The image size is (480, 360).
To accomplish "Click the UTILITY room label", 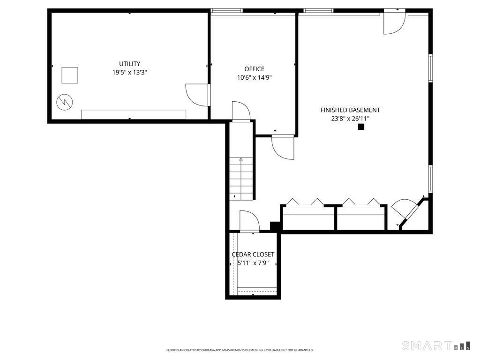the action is tap(129, 64).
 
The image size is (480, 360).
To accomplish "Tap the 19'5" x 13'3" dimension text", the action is tap(129, 73).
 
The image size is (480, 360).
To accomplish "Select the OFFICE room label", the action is tap(254, 69).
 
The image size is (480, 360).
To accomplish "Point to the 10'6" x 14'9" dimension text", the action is tap(255, 77).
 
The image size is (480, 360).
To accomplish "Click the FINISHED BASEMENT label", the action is tap(350, 110).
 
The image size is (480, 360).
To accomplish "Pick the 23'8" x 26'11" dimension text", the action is tap(350, 119).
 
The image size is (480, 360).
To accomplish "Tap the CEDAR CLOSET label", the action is tap(253, 255).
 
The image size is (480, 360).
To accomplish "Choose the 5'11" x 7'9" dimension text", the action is tap(253, 263).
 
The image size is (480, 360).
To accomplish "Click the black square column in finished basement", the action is tap(361, 127).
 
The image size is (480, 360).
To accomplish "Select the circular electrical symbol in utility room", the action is tap(65, 102).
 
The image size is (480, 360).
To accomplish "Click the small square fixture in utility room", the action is tap(70, 75).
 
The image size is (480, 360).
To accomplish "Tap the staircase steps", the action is tap(241, 179).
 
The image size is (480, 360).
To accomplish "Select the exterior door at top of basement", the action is tap(395, 22).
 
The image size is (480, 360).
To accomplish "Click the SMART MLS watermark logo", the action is tap(436, 345).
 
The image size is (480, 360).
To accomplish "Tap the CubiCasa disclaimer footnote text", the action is tap(240, 350).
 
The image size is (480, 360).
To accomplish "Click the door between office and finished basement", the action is tap(283, 148).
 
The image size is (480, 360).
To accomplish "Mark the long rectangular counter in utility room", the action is tap(134, 114).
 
